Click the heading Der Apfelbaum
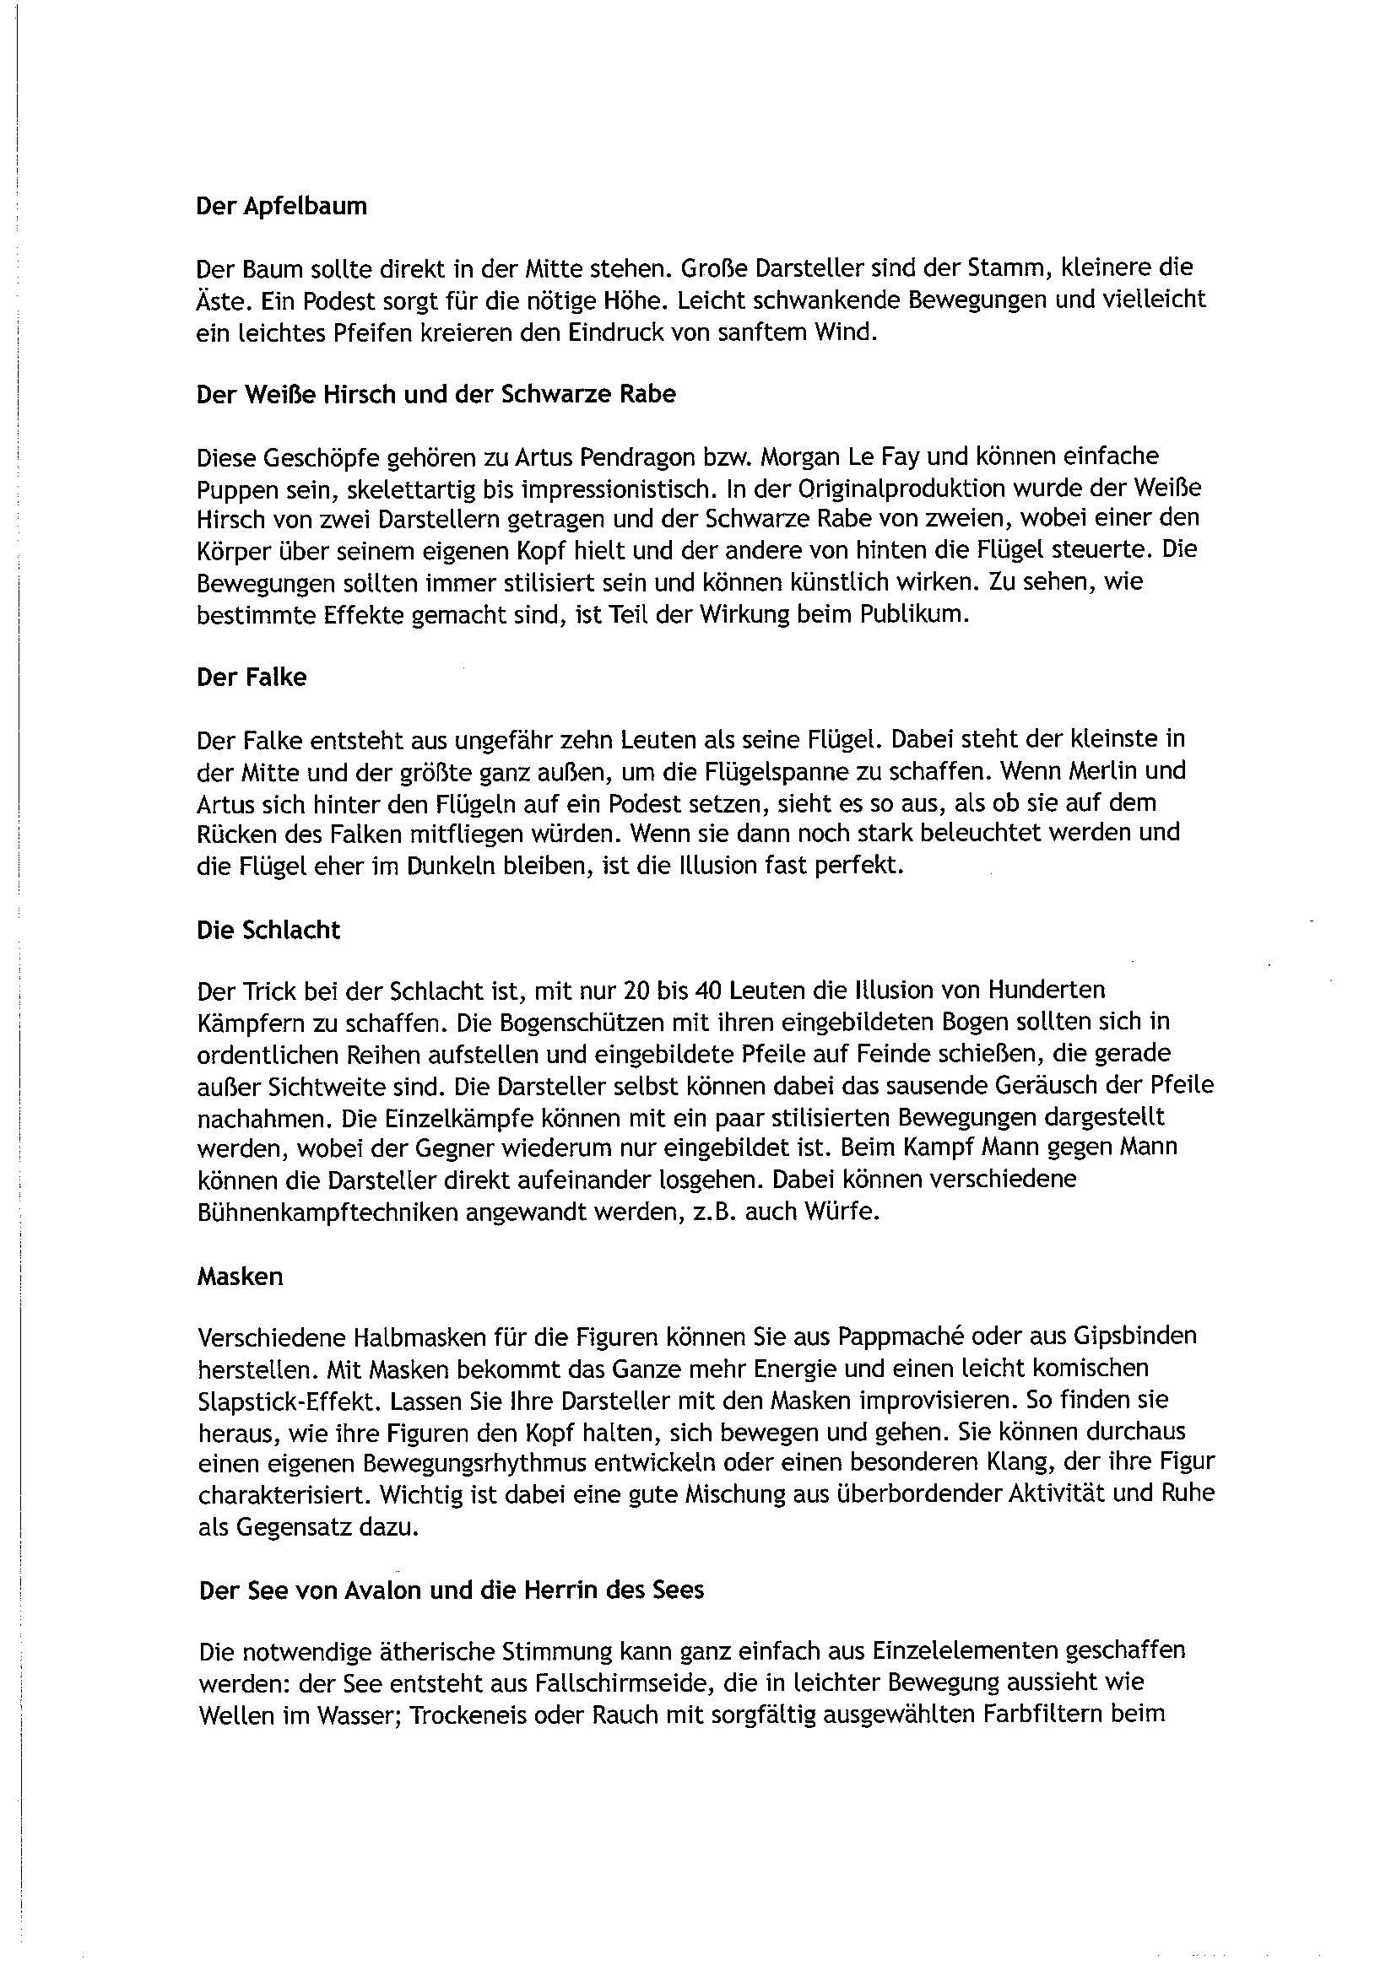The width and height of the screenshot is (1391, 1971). coord(282,207)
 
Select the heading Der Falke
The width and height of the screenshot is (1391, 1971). coord(252,678)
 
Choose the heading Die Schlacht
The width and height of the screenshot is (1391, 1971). coord(268,930)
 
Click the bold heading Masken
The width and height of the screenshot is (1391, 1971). coord(240,1277)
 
